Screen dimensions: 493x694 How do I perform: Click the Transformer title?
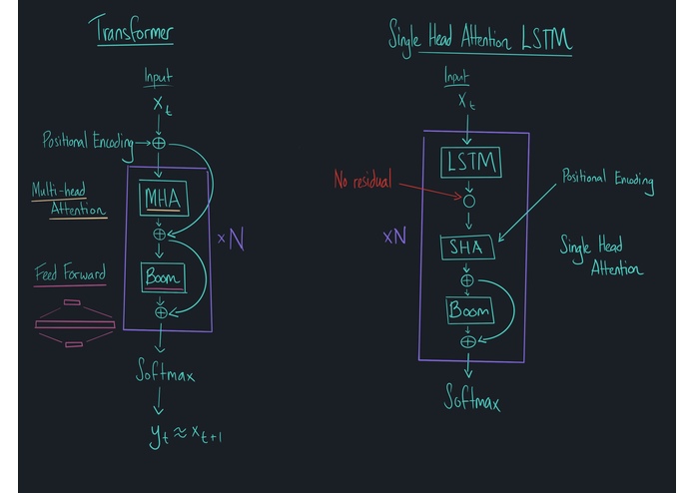(x=134, y=31)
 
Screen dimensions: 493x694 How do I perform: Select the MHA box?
(x=162, y=200)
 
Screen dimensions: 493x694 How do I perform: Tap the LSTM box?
(x=470, y=163)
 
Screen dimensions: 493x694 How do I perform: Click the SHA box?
(x=467, y=246)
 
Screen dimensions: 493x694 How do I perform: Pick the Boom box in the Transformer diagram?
(x=162, y=278)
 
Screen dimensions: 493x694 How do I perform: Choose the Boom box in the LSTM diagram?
(x=469, y=310)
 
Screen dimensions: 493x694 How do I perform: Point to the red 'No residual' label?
(x=364, y=181)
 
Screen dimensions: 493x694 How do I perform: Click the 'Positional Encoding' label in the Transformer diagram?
(x=88, y=142)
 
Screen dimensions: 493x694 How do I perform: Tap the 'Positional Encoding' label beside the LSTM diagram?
(x=607, y=181)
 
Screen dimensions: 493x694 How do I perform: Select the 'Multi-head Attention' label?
(x=69, y=199)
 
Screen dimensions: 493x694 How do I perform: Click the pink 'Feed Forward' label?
(x=70, y=273)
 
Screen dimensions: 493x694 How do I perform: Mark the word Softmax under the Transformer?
(x=165, y=373)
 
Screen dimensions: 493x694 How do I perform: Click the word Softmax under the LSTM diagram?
(x=471, y=400)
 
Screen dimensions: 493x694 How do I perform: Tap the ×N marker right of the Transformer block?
(x=230, y=240)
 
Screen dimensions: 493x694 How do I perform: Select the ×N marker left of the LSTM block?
(x=394, y=237)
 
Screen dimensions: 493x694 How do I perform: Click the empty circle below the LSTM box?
(x=468, y=201)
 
